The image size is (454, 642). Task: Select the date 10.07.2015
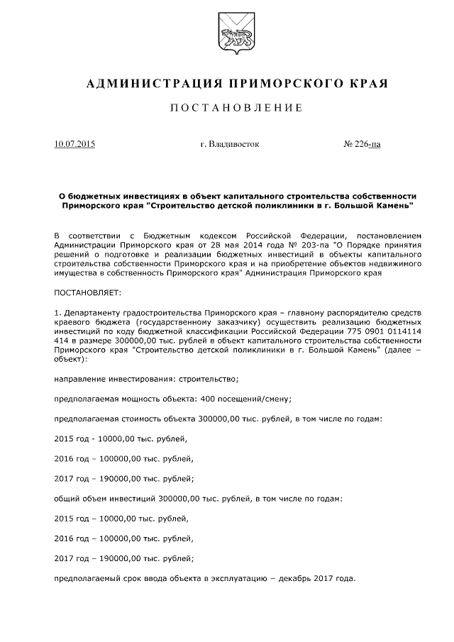[x=74, y=144]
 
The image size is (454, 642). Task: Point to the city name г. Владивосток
[x=230, y=144]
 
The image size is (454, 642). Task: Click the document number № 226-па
[x=362, y=144]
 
